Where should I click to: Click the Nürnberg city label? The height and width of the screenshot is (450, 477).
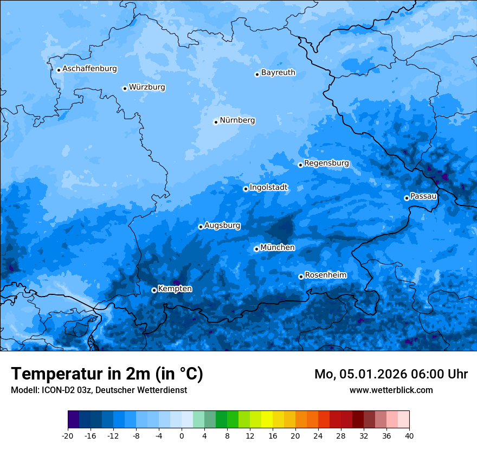[x=237, y=120]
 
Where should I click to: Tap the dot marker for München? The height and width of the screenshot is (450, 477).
[x=256, y=249]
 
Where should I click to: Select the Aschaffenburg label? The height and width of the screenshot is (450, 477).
[x=89, y=69]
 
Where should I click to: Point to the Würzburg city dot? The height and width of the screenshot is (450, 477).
[x=125, y=88]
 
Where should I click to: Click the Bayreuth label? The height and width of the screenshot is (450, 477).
[x=278, y=73]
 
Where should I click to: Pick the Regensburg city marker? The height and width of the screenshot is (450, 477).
[x=300, y=165]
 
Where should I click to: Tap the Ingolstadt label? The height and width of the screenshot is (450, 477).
[x=268, y=188]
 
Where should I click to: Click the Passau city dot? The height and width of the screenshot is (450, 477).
[x=407, y=198]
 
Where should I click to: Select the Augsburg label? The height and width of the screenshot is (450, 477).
[x=222, y=226]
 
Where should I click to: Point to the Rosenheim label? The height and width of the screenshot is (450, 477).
[x=325, y=275]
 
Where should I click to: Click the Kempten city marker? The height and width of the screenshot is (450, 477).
[x=154, y=290]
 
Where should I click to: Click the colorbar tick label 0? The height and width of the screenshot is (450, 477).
[x=182, y=436]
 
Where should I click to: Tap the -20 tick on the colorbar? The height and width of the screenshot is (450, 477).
[x=68, y=436]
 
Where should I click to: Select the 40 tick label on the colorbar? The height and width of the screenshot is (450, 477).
[x=409, y=436]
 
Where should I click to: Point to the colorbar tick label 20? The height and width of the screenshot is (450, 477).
[x=295, y=436]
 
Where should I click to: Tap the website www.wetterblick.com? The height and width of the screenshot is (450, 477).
[x=391, y=390]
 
